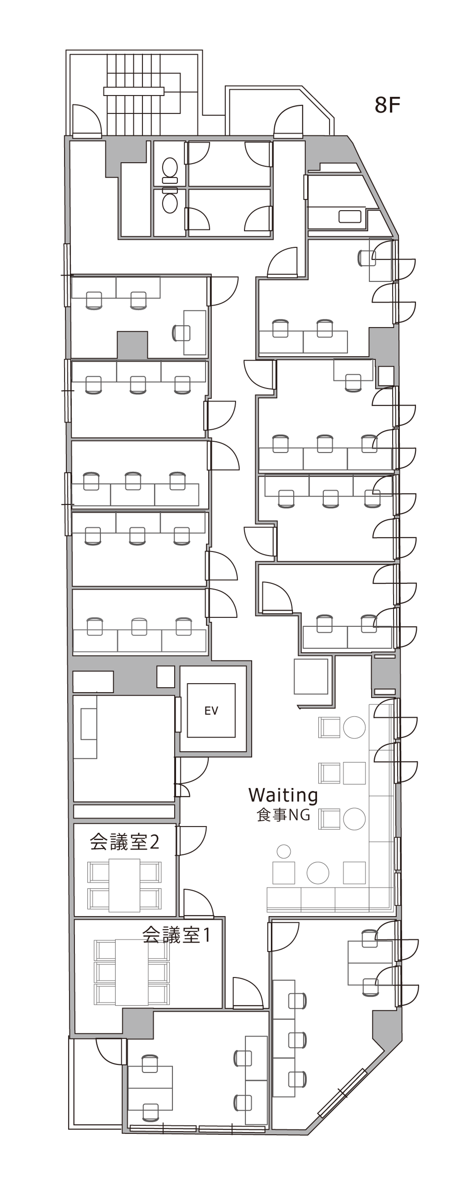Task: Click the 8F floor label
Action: [x=387, y=105]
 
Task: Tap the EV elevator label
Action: [x=211, y=711]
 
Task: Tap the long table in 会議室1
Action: [x=132, y=972]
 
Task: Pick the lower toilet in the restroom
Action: [x=170, y=201]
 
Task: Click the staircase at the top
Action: [x=134, y=95]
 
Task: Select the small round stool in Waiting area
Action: [x=284, y=851]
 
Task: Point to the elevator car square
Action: [x=211, y=711]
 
